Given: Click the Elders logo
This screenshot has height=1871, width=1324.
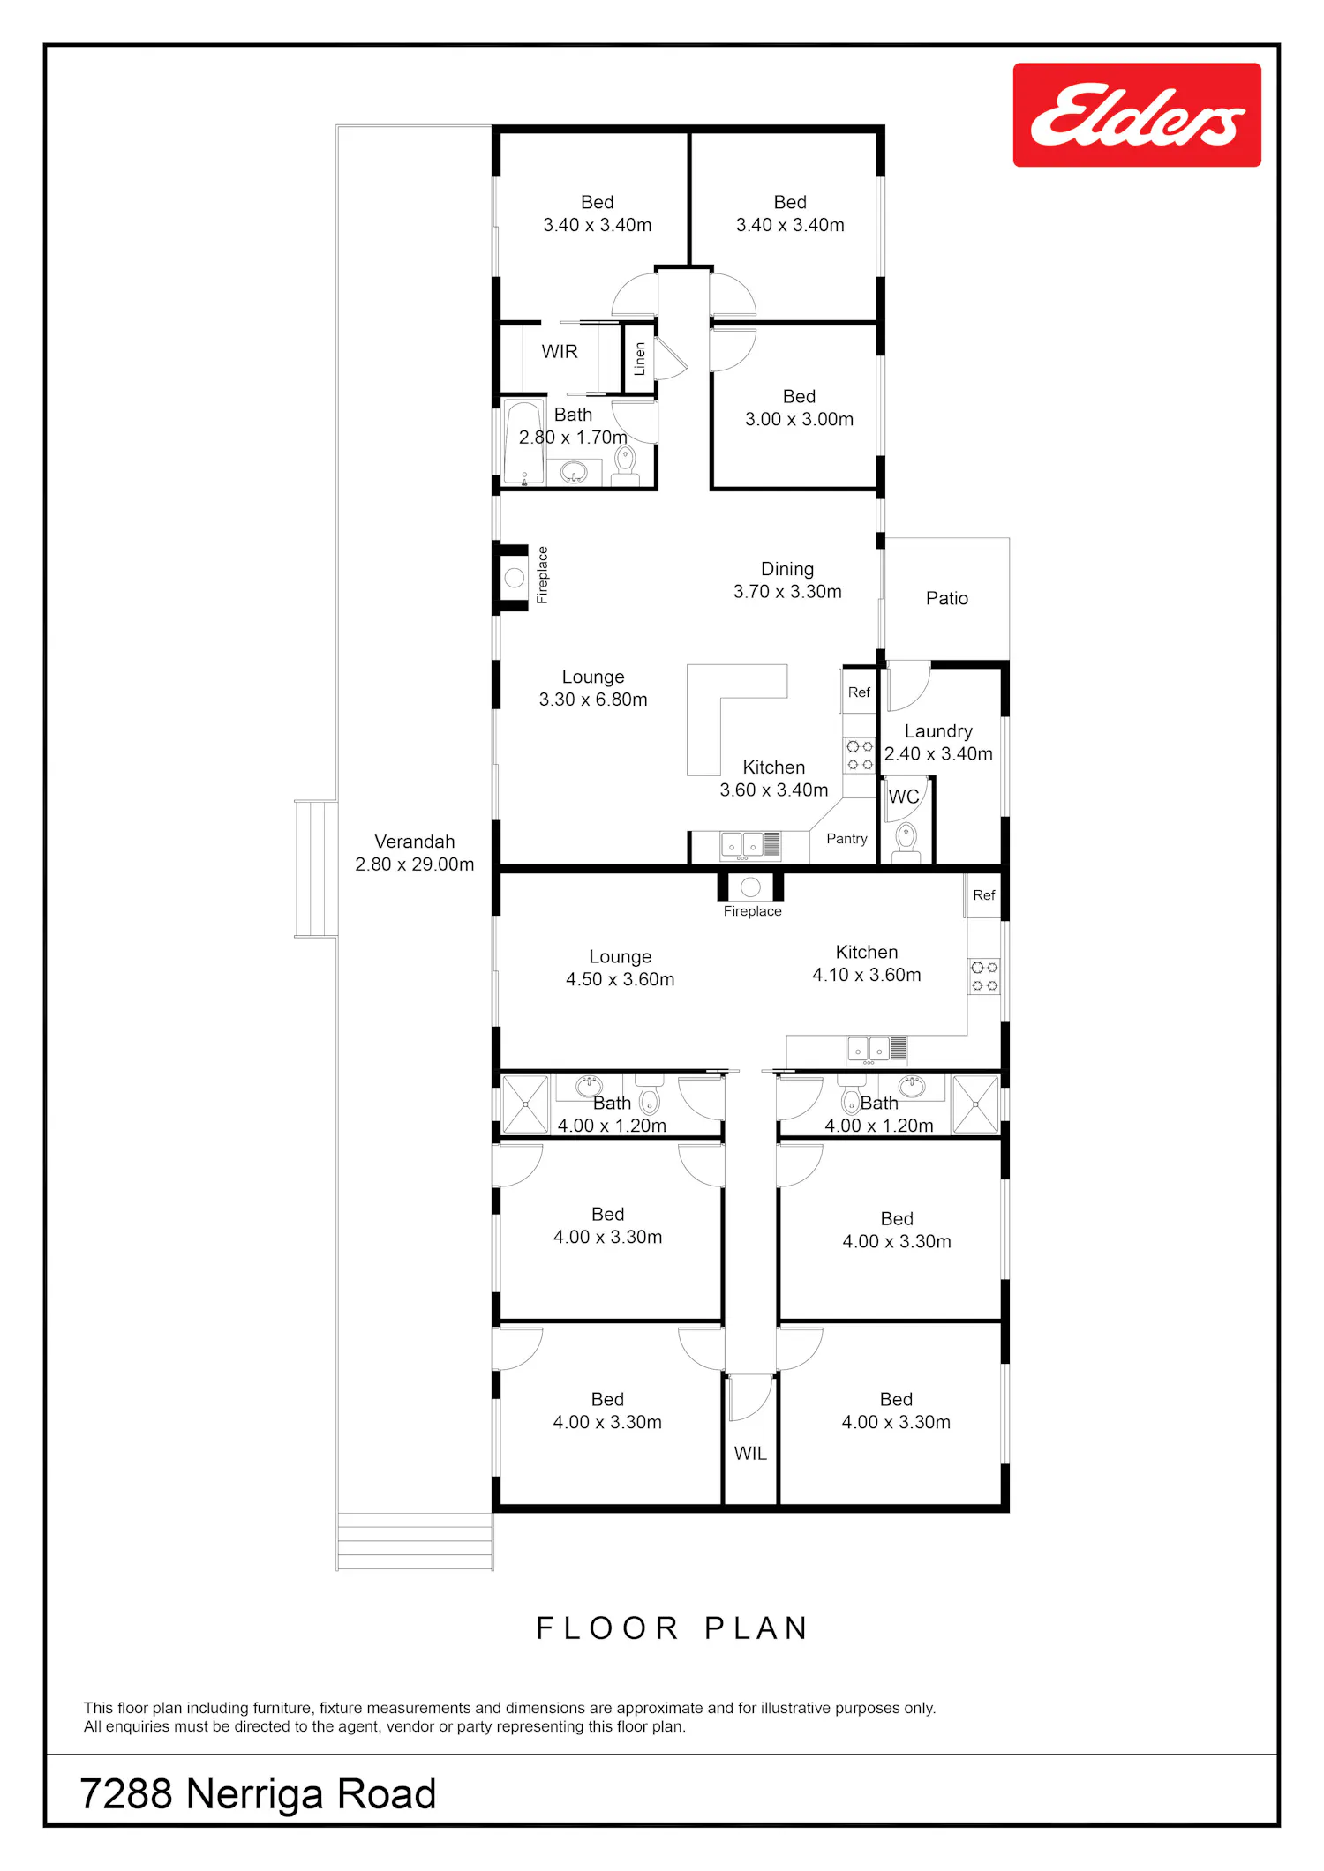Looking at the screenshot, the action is pyautogui.click(x=1137, y=115).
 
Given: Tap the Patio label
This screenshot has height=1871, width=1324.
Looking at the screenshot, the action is pyautogui.click(x=947, y=598).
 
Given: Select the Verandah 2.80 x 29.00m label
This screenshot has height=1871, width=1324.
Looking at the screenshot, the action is pyautogui.click(x=415, y=853).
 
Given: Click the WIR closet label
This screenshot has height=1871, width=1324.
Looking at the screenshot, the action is pyautogui.click(x=560, y=351).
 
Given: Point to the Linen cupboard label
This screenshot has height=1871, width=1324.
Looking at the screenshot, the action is pyautogui.click(x=640, y=359).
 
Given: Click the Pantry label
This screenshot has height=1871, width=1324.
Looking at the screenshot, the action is pyautogui.click(x=846, y=839).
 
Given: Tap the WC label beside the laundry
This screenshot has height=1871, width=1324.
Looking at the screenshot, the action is pyautogui.click(x=904, y=797).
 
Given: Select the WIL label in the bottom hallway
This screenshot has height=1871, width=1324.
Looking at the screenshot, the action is pyautogui.click(x=750, y=1453).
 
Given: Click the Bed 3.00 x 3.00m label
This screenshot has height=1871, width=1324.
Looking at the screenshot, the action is pyautogui.click(x=800, y=408).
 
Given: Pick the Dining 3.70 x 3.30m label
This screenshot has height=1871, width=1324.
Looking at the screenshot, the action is pyautogui.click(x=787, y=580).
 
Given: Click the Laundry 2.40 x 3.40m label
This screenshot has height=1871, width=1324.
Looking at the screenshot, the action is pyautogui.click(x=938, y=743).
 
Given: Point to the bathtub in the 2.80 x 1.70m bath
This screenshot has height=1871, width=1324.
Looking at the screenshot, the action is pyautogui.click(x=524, y=442).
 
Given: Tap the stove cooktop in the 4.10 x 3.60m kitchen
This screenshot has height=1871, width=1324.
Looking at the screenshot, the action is pyautogui.click(x=984, y=977).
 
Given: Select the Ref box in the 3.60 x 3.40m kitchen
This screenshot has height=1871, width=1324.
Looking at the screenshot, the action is pyautogui.click(x=859, y=692).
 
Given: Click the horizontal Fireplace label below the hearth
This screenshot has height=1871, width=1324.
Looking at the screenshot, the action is pyautogui.click(x=753, y=911).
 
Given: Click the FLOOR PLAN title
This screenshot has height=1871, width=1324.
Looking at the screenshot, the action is pyautogui.click(x=673, y=1628).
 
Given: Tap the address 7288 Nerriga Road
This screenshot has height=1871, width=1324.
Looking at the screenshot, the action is pyautogui.click(x=259, y=1794).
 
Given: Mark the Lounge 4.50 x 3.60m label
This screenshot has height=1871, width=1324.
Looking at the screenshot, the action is pyautogui.click(x=621, y=968).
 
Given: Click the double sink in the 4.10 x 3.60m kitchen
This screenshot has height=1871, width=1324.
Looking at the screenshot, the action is pyautogui.click(x=869, y=1049).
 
